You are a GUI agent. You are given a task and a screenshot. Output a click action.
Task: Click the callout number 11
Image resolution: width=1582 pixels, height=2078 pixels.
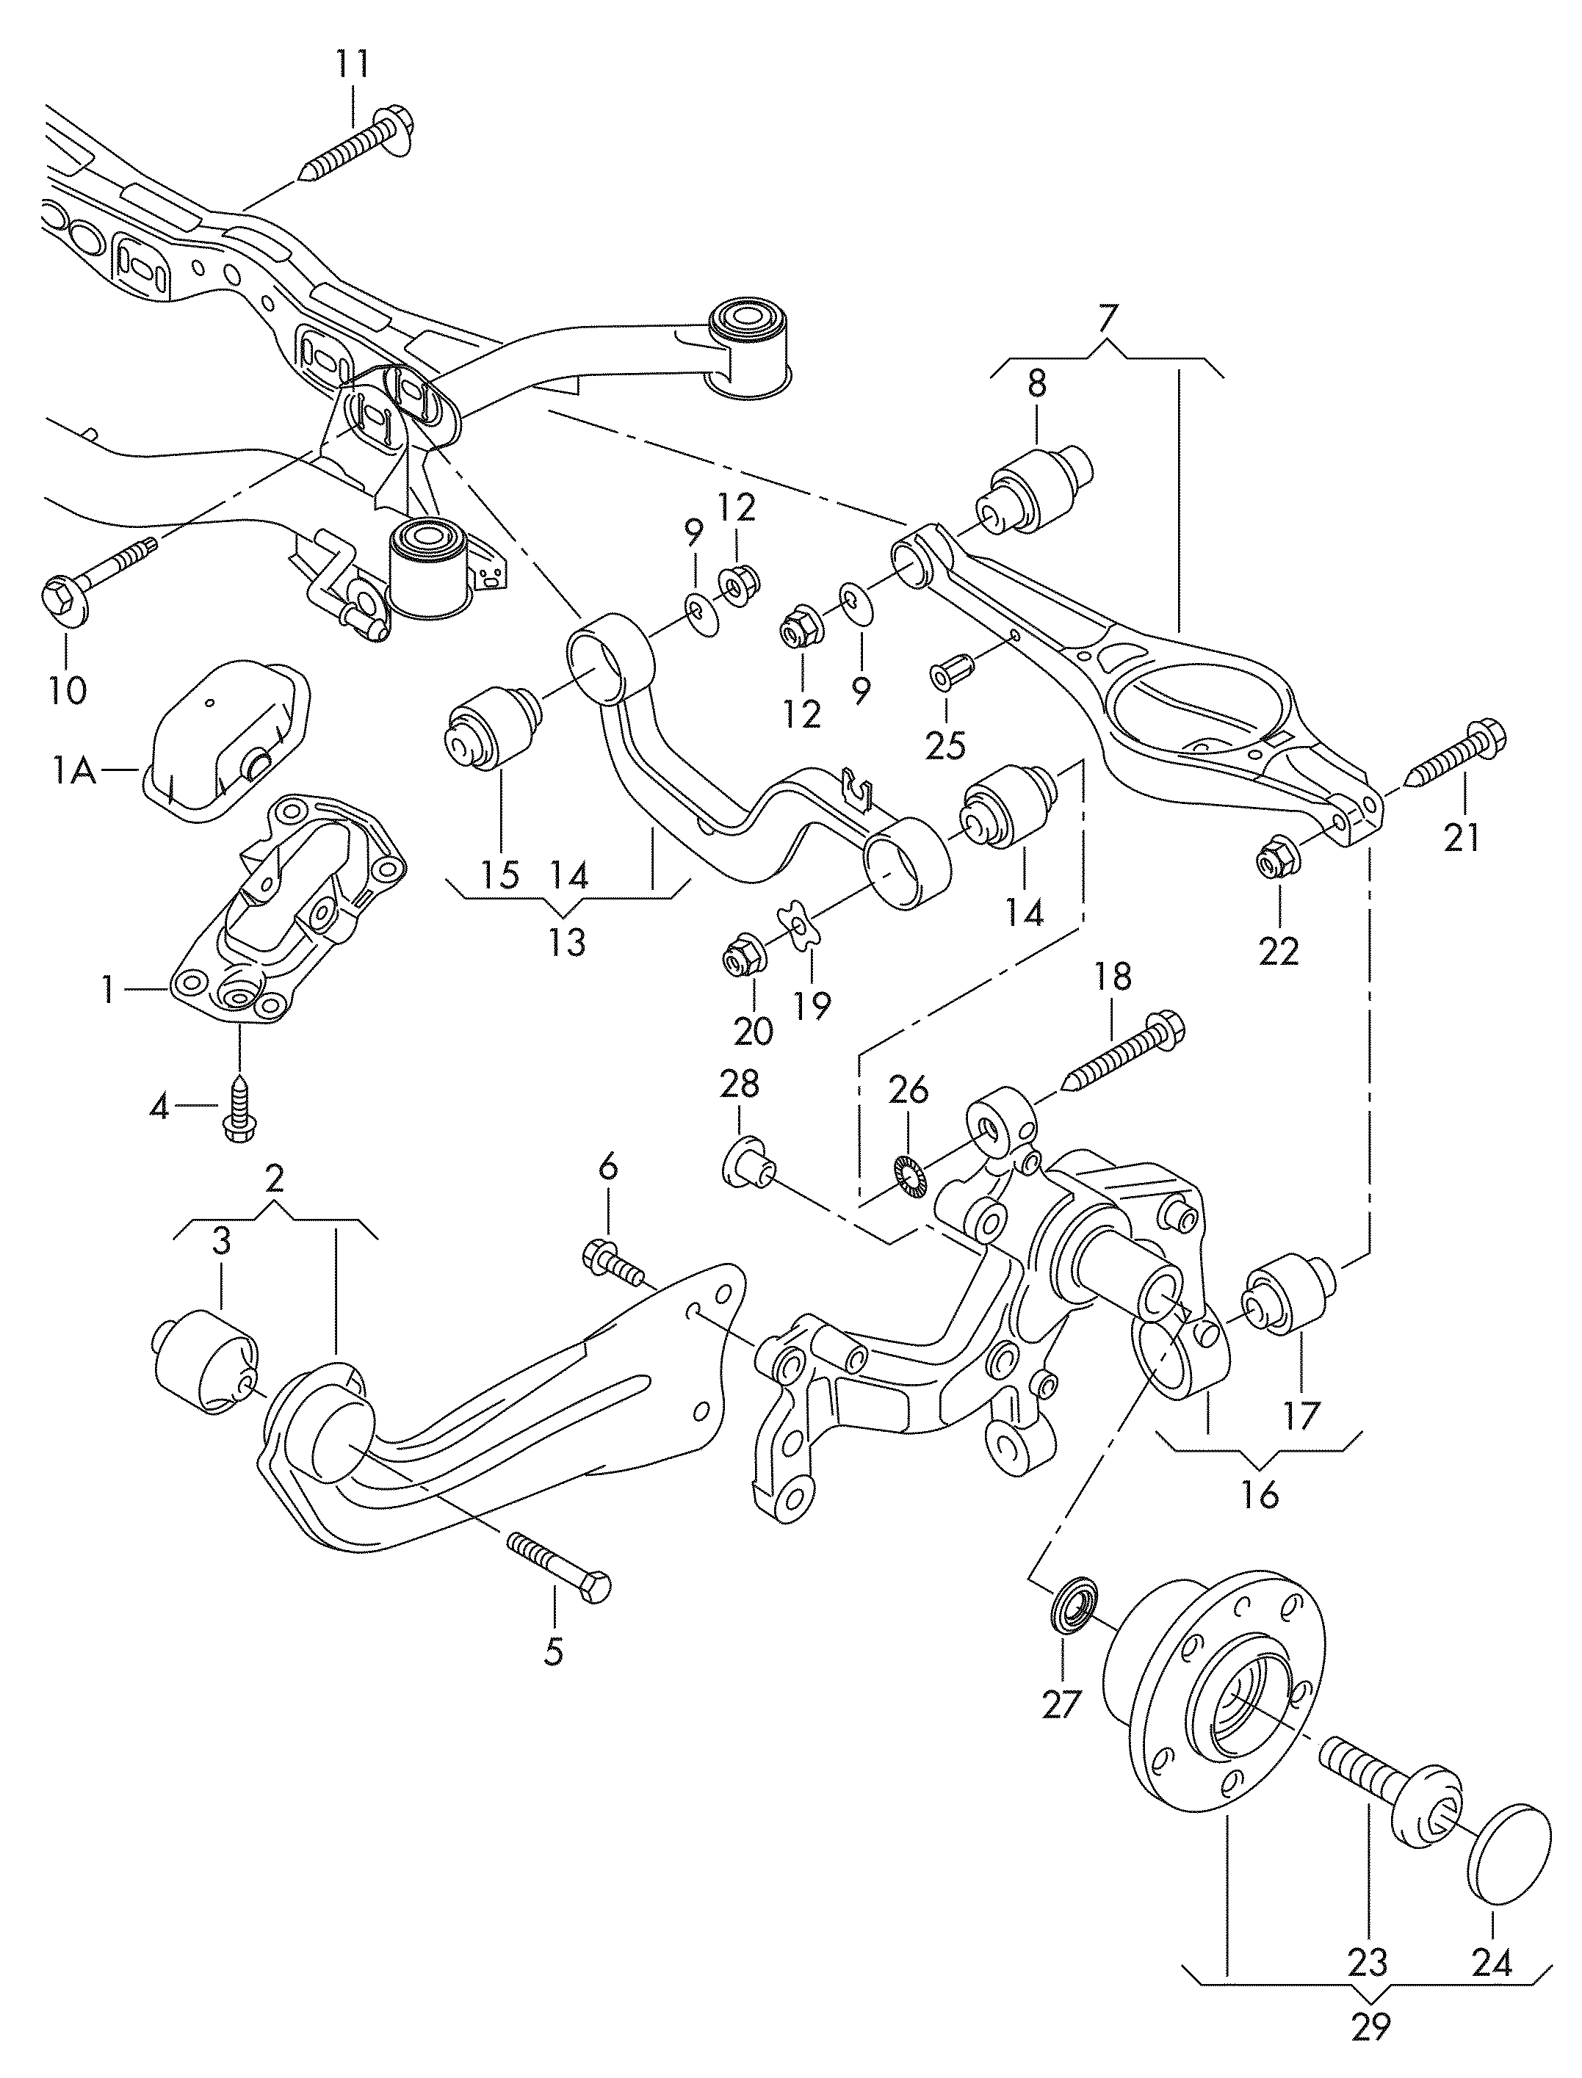pos(354,66)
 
